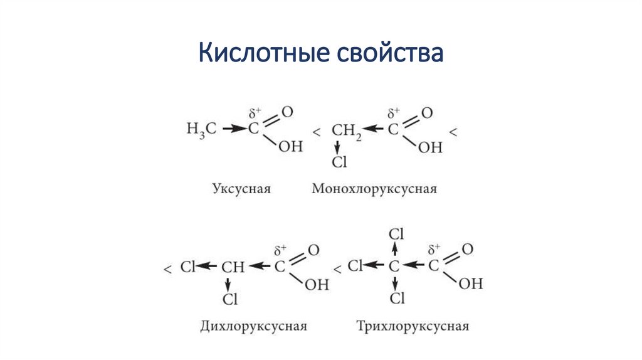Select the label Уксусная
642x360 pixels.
click(x=241, y=188)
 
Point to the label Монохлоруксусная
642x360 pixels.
click(x=374, y=188)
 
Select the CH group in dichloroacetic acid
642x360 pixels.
click(x=233, y=267)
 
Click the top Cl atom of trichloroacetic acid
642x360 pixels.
click(x=397, y=234)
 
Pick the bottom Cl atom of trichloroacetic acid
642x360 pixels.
click(x=397, y=298)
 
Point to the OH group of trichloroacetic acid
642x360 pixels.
click(x=471, y=283)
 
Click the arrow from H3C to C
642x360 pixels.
click(x=234, y=129)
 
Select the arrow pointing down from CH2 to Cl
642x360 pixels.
click(x=338, y=147)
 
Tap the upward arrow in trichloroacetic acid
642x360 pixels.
click(x=395, y=250)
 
